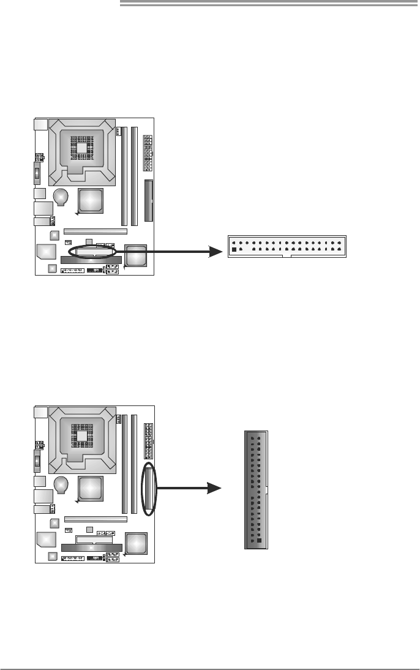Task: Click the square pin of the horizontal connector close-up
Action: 234,250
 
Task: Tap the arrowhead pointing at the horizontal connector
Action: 215,251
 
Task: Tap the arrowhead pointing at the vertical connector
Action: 215,488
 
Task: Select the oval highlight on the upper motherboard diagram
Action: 93,252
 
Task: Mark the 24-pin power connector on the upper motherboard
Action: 148,152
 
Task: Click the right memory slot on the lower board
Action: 134,464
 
